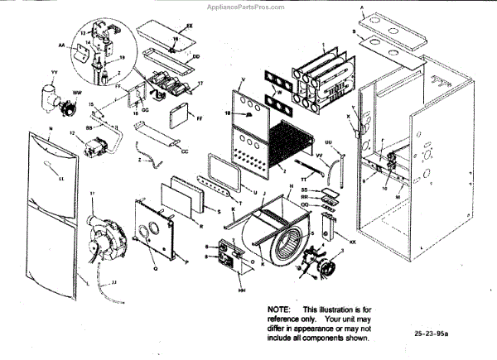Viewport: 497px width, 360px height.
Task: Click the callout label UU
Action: point(329,143)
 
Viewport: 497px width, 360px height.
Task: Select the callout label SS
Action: point(305,190)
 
